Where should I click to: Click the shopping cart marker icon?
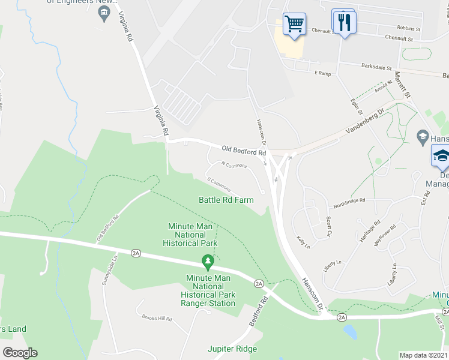tap(294, 25)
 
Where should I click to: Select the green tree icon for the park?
tap(208, 261)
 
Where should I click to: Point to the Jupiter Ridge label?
tap(232, 349)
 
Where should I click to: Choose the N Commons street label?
tap(234, 164)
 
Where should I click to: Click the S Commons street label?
tap(218, 184)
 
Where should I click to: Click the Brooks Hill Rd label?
tap(157, 319)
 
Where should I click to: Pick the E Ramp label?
tap(323, 73)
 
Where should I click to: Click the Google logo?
tap(20, 352)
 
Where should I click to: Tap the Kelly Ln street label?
tap(302, 242)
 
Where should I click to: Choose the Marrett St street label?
tap(402, 85)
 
